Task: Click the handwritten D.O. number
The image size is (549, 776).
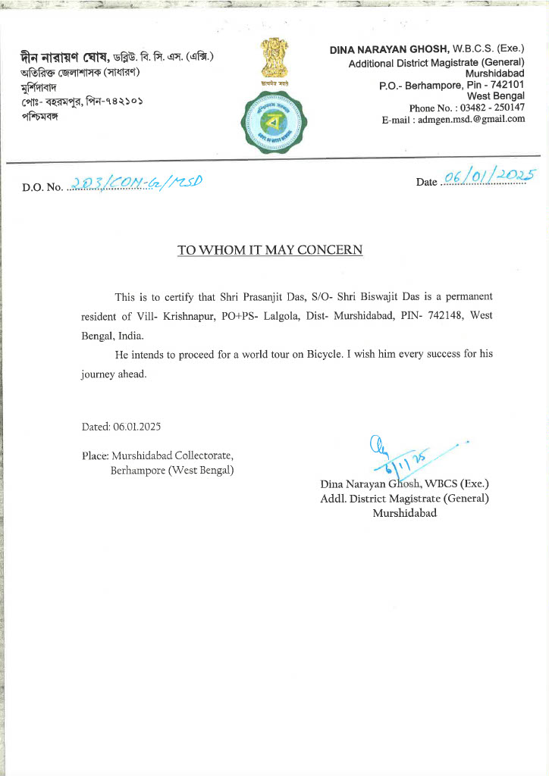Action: pos(136,183)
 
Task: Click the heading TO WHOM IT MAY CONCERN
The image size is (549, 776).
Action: pos(270,249)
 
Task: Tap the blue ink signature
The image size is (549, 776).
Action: pos(398,457)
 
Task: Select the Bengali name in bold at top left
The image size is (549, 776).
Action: pos(66,56)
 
